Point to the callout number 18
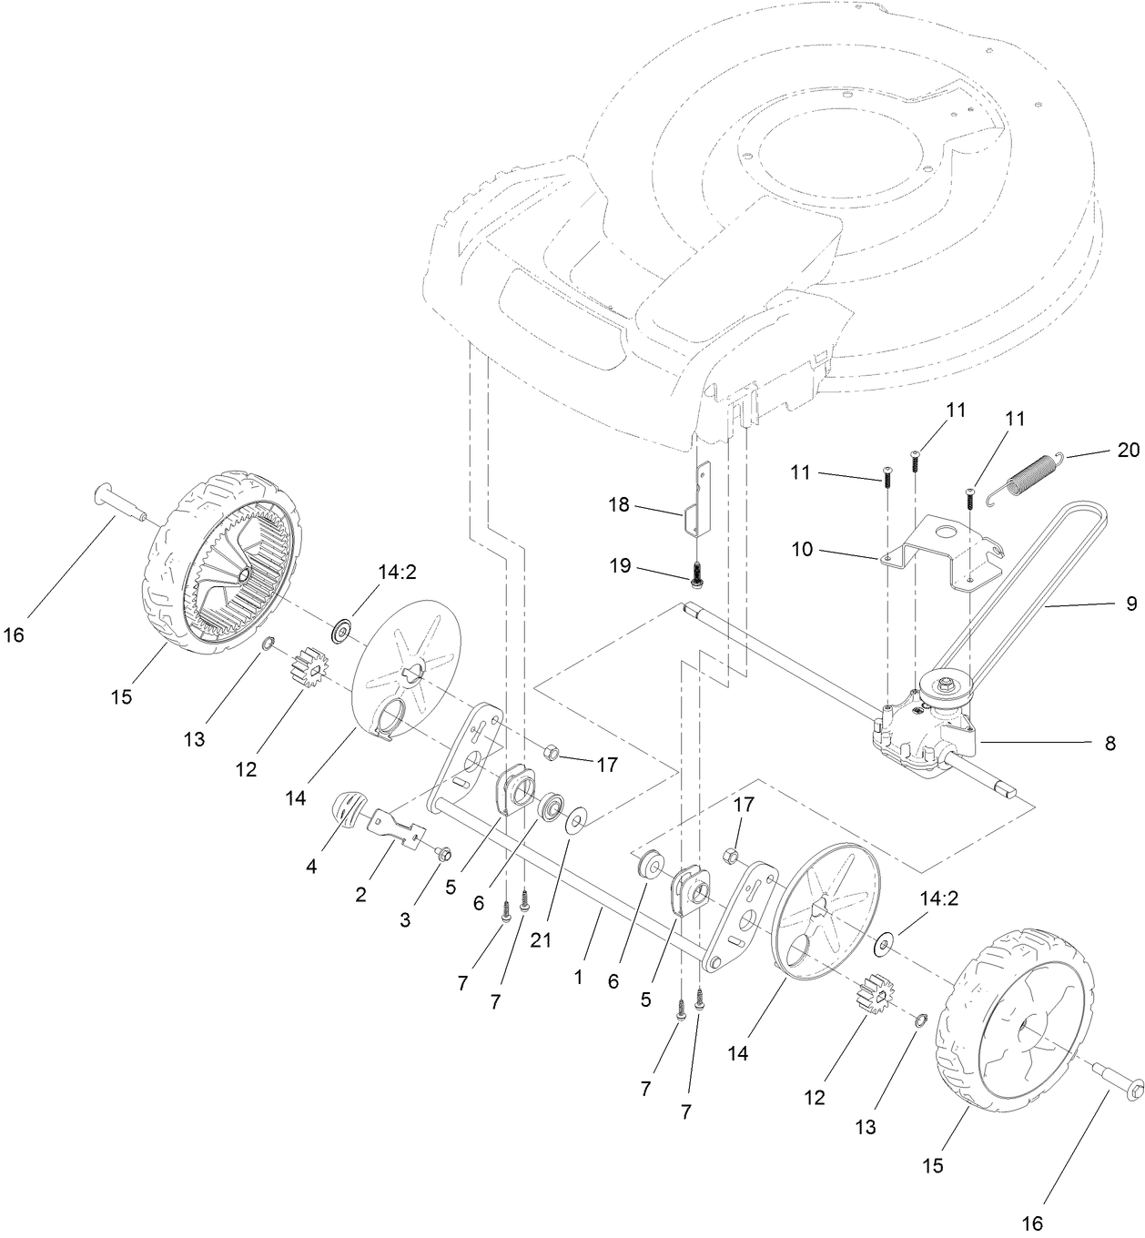pos(619,504)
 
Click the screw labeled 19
pos(699,573)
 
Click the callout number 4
pos(312,868)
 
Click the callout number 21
pos(542,941)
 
